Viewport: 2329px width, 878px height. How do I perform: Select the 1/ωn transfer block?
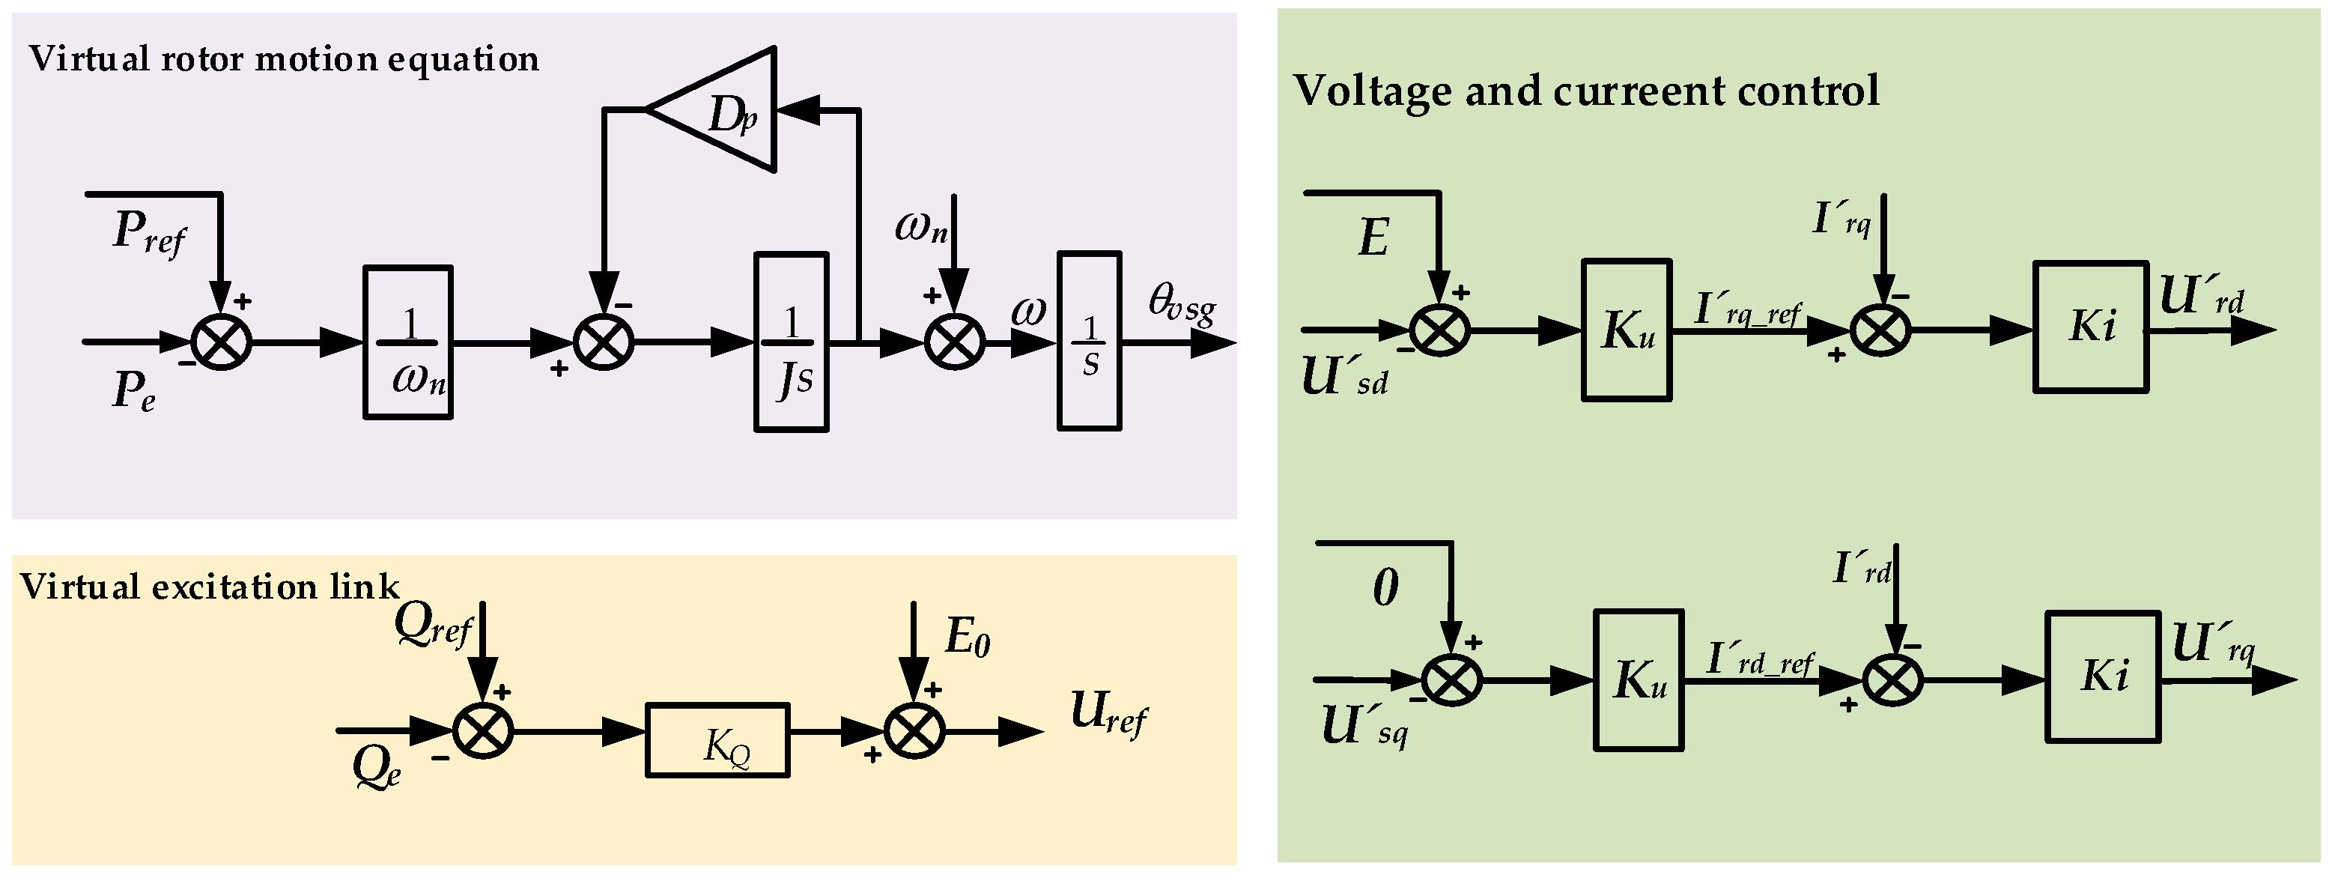tap(407, 342)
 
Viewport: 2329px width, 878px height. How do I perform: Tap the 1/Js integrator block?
tap(791, 342)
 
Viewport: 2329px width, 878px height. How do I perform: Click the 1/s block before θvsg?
tap(1090, 341)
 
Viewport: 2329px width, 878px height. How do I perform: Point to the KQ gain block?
tap(717, 739)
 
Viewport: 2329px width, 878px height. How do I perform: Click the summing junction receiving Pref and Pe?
tap(221, 342)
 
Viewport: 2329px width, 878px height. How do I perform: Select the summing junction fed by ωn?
tap(955, 342)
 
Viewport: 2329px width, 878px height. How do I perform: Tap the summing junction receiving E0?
tap(914, 730)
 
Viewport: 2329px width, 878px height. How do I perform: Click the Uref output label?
tap(1108, 712)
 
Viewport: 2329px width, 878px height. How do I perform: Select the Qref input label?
tap(432, 624)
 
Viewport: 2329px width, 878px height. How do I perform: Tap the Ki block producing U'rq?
tap(2102, 677)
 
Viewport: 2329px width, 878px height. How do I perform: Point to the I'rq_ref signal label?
tap(1746, 310)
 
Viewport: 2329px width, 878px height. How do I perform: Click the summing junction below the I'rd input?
tap(1892, 679)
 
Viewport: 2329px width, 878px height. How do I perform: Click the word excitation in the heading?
tap(234, 587)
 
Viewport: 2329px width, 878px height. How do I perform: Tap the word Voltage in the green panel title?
tap(1371, 91)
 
